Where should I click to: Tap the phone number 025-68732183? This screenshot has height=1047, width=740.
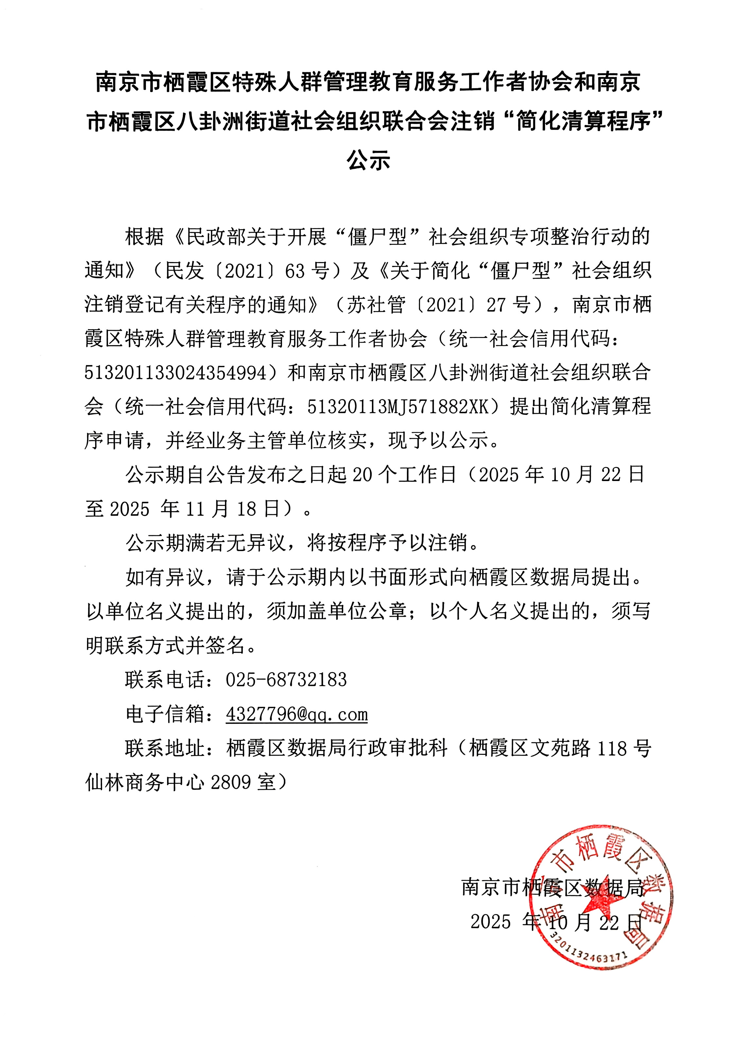286,680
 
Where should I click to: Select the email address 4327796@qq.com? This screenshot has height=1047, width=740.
297,714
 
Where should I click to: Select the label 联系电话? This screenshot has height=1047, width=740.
165,680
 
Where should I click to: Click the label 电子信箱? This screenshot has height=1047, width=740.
165,714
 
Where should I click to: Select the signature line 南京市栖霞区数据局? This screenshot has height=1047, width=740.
553,887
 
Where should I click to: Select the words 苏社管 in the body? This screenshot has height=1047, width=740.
376,305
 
